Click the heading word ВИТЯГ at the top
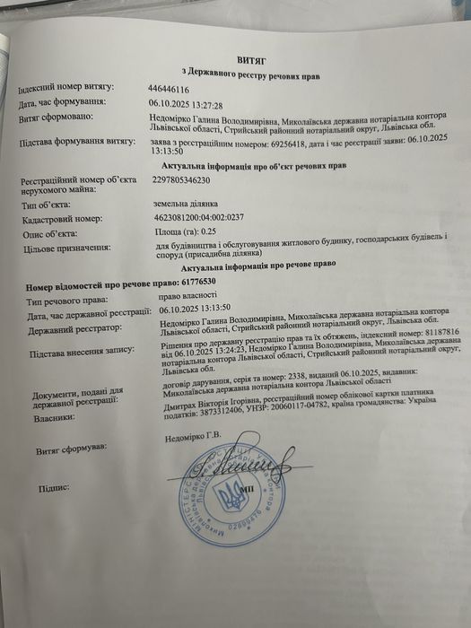252,55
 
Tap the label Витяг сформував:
72,446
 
